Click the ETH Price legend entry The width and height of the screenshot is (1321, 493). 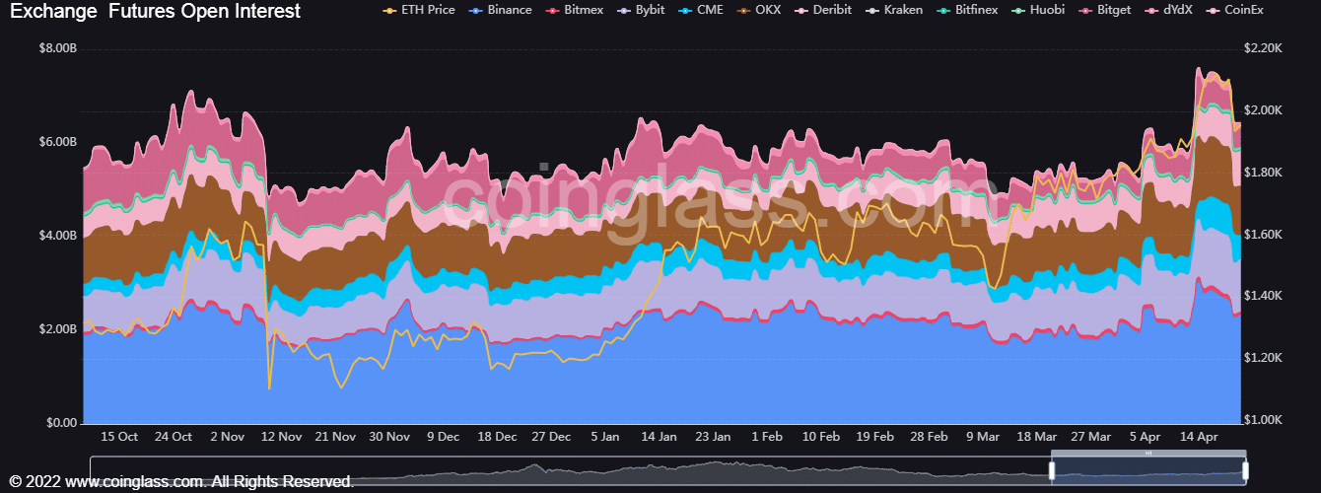tap(419, 10)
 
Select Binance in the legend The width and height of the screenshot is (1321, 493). tap(500, 10)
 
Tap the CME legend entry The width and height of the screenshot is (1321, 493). tap(701, 10)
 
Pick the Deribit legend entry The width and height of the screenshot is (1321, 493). tap(823, 10)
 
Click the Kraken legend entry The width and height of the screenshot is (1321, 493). tap(894, 10)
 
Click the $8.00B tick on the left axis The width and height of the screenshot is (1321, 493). tap(58, 48)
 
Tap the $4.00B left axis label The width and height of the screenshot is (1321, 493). tap(58, 236)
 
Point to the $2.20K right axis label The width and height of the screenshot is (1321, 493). tap(1263, 48)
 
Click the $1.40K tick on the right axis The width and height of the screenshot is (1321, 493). tap(1263, 296)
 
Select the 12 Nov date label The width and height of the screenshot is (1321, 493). tap(281, 437)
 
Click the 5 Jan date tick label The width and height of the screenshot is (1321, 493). tap(605, 437)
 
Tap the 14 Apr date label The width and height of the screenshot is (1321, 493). tap(1199, 437)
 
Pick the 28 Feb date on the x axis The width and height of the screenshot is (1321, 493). tap(929, 437)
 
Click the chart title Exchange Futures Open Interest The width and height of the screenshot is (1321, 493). tap(156, 11)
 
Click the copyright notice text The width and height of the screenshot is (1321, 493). tap(181, 482)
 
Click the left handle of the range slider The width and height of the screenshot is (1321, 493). tap(1052, 470)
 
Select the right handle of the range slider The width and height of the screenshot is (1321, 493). tap(1245, 470)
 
